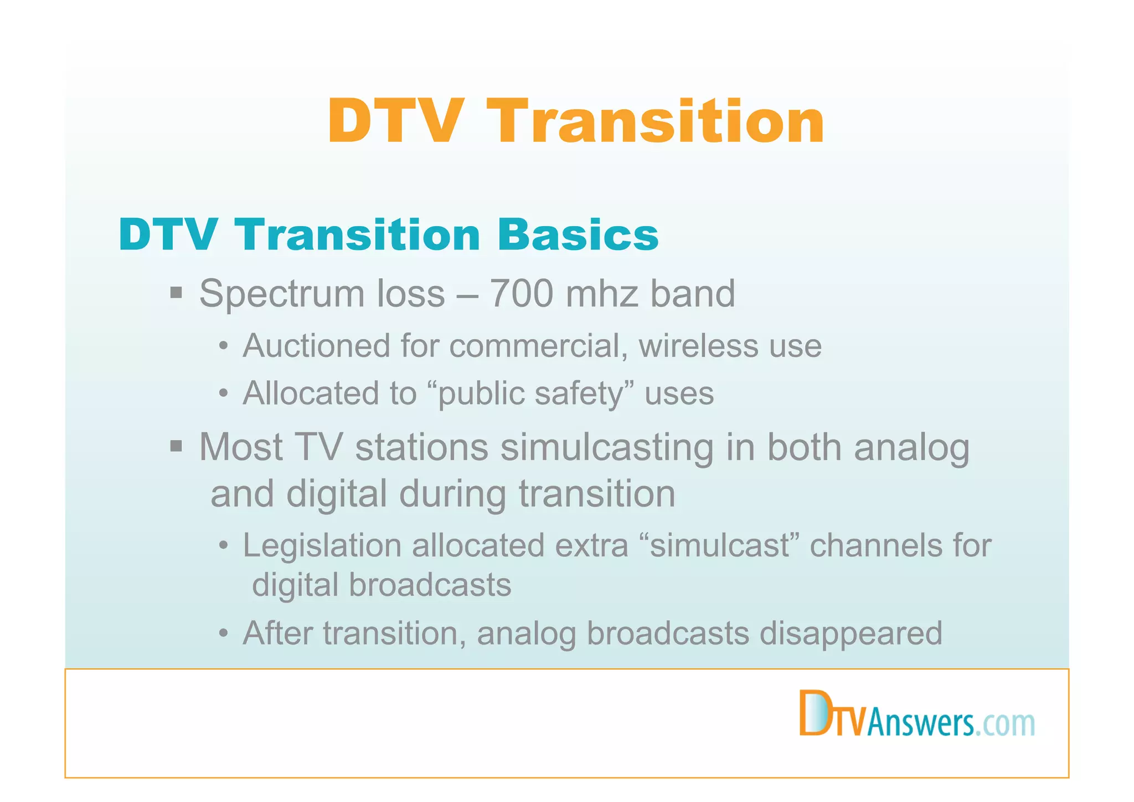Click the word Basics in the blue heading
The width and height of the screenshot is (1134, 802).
[x=578, y=235]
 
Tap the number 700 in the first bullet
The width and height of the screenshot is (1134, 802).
[x=521, y=293]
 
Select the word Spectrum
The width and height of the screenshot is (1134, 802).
[x=281, y=294]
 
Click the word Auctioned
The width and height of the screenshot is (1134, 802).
[x=317, y=346]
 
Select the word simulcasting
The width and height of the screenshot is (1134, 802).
[x=607, y=447]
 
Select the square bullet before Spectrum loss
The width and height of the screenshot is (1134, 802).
[x=176, y=292]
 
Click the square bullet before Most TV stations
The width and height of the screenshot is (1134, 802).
[x=176, y=446]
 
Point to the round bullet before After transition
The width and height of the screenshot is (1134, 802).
[x=223, y=634]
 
